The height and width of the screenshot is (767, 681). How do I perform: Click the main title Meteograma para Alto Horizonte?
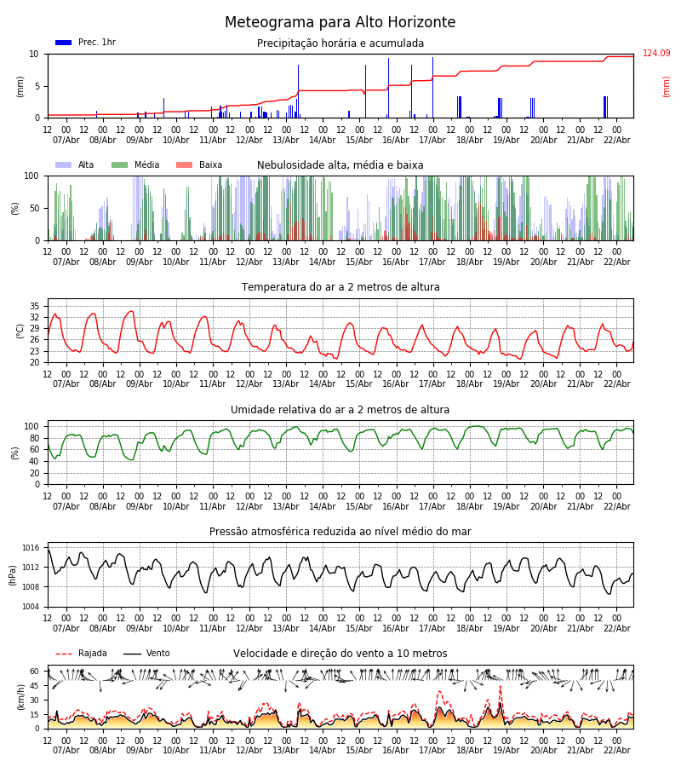[x=340, y=23]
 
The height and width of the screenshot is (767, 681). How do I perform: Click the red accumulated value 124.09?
[x=656, y=54]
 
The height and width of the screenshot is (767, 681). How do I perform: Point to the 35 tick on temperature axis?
[x=35, y=306]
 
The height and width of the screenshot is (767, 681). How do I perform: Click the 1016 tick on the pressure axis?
[x=31, y=548]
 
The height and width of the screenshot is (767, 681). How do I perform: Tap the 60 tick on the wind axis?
[x=35, y=672]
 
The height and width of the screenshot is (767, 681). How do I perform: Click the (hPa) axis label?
[x=13, y=574]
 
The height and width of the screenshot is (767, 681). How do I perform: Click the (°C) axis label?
[x=20, y=331]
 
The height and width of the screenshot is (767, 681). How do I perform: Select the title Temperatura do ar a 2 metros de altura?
[x=340, y=287]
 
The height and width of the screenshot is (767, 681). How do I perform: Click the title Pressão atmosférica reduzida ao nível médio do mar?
[x=340, y=532]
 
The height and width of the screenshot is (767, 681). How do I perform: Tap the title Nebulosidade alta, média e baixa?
[x=340, y=165]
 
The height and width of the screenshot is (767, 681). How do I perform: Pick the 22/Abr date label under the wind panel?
[x=616, y=751]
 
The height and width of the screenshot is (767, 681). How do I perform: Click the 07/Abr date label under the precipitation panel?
[x=66, y=140]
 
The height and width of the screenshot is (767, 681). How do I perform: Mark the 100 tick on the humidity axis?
[x=31, y=426]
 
